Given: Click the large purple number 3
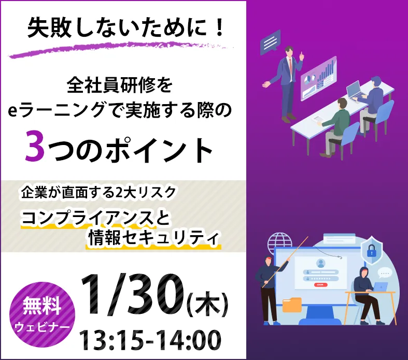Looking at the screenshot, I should pos(36,148).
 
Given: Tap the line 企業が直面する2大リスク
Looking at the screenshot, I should pos(99,193).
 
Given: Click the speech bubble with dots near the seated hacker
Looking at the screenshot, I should pos(385,272).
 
